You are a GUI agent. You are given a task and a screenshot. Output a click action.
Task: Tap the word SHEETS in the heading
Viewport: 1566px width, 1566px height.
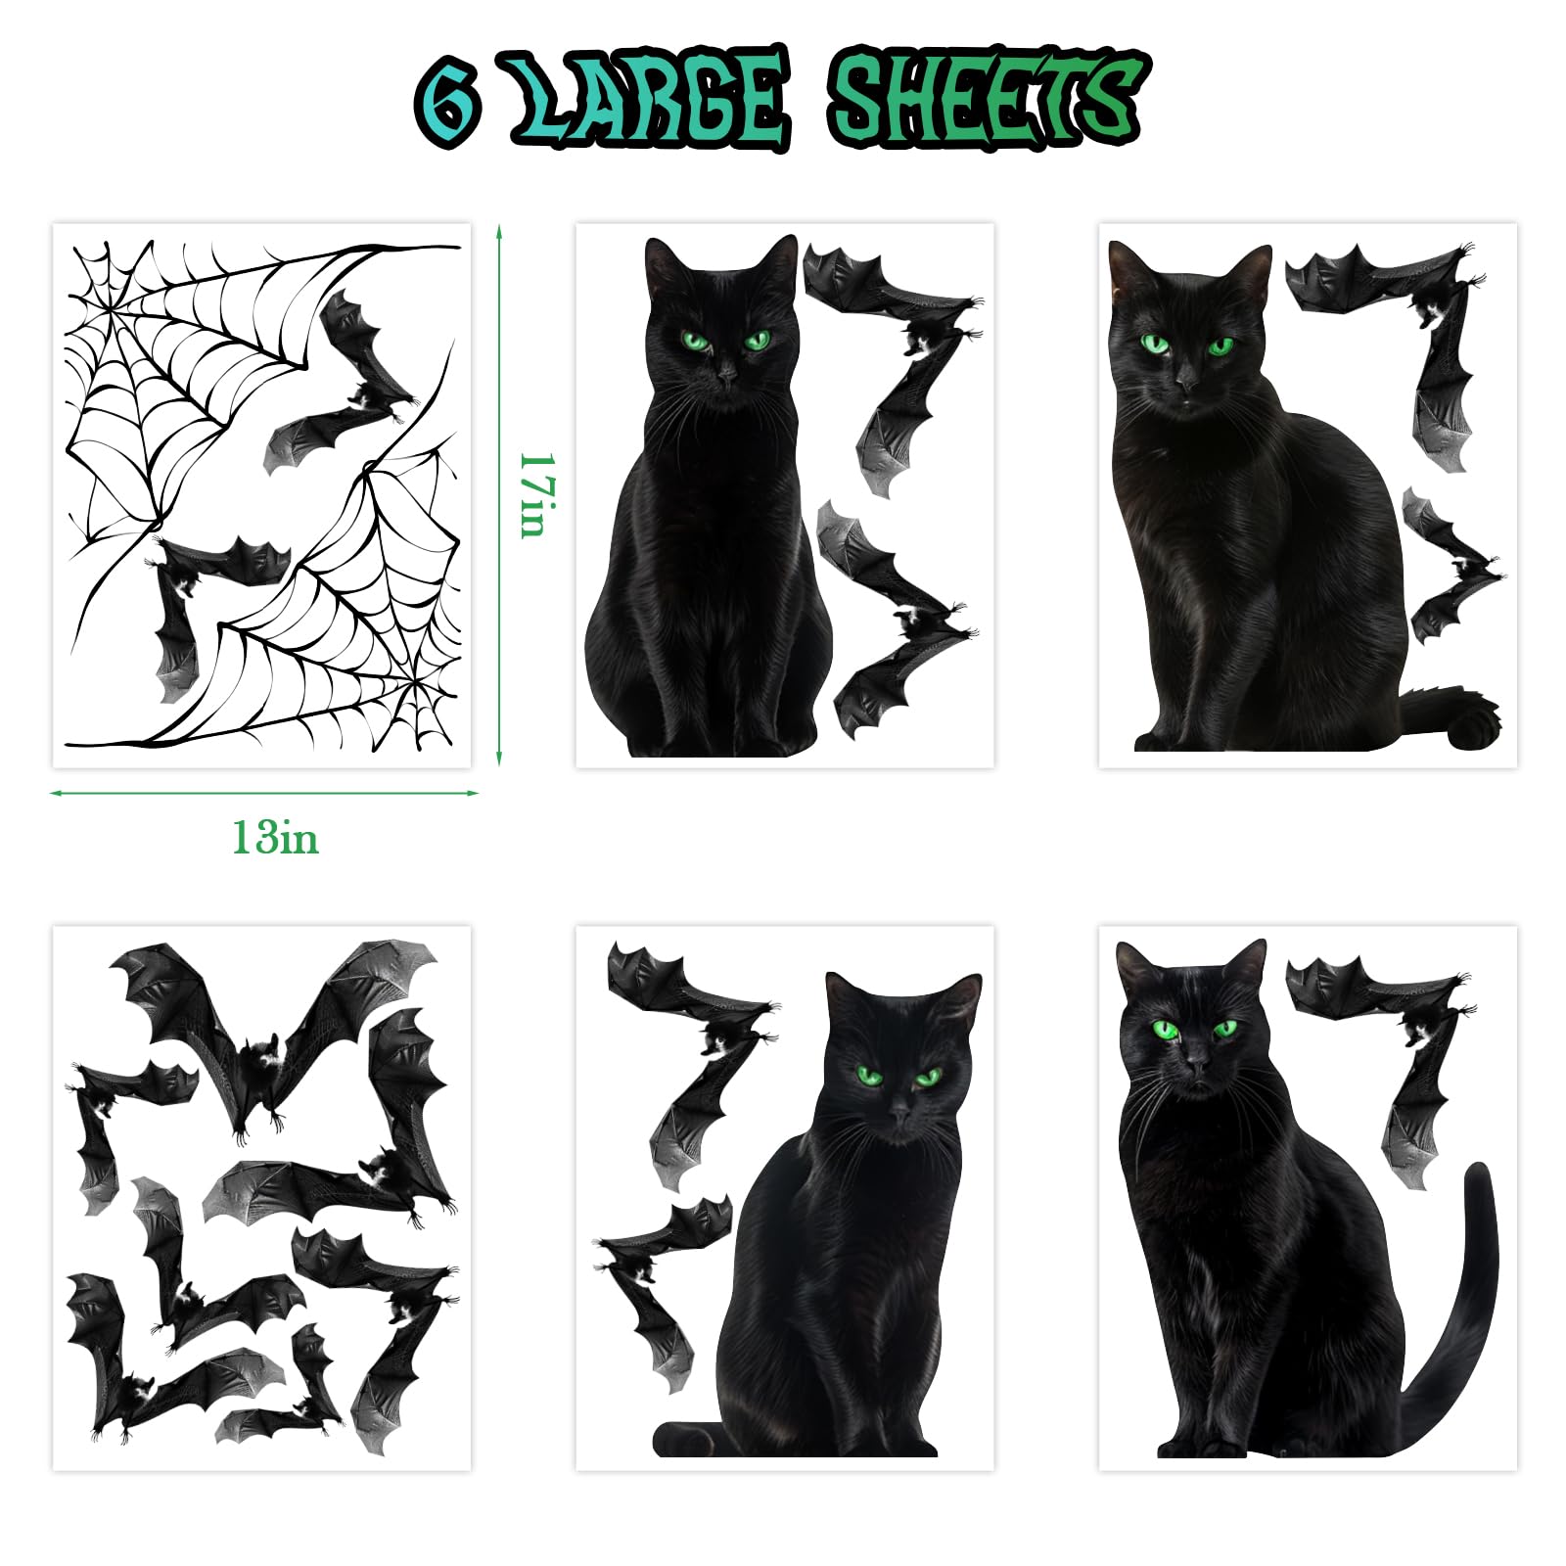985,99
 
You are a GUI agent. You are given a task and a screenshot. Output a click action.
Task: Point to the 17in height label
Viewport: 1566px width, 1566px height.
536,494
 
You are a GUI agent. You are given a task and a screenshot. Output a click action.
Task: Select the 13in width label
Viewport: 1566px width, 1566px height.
275,839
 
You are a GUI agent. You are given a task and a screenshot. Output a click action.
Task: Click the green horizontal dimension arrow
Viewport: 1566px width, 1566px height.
264,793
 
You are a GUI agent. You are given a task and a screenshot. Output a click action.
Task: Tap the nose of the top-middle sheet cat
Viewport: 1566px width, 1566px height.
725,375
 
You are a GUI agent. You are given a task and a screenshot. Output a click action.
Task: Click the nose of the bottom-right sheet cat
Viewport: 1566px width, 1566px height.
1196,1064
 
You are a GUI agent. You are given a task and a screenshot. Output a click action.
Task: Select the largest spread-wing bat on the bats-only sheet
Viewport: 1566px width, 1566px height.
279,1028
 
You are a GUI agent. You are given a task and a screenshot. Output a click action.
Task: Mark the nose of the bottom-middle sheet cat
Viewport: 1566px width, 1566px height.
898,1113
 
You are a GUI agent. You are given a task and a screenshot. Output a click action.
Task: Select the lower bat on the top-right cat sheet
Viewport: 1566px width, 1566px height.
1449,568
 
